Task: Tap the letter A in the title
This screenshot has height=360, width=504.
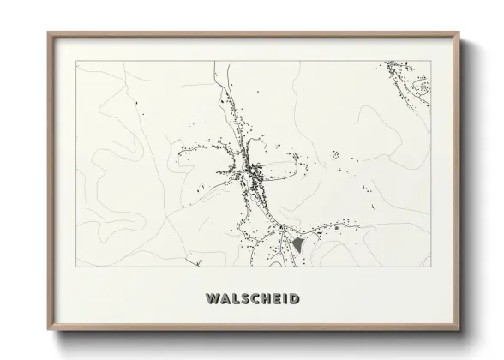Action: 224,299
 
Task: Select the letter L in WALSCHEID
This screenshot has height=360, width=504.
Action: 235,299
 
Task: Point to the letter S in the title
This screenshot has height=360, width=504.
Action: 245,299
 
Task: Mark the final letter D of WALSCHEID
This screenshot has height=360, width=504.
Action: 295,299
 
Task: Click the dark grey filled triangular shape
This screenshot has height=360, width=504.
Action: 297,245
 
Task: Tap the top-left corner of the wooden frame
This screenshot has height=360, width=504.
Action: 48,33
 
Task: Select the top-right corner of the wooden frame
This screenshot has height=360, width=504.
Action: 459,33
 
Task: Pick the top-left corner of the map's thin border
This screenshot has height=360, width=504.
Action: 76,61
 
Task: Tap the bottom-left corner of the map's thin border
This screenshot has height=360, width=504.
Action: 76,266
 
